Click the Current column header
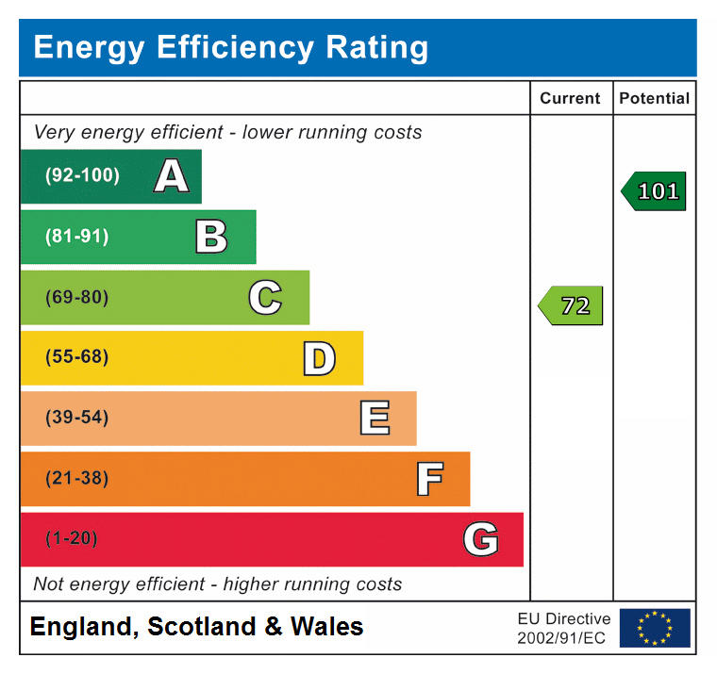[x=570, y=98]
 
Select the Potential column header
[x=654, y=98]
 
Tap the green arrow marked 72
[x=571, y=305]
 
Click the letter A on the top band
[x=171, y=176]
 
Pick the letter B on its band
[x=211, y=237]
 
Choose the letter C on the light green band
[x=265, y=298]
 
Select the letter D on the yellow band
[x=319, y=358]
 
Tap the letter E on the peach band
[x=375, y=419]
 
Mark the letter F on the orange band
[x=429, y=479]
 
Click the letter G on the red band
[x=480, y=539]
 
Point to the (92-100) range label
[x=82, y=176]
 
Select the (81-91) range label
[x=76, y=237]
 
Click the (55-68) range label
[x=76, y=358]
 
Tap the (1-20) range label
[x=72, y=539]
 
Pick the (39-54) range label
[x=76, y=419]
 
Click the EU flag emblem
[x=655, y=628]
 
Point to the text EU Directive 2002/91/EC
[x=563, y=628]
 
